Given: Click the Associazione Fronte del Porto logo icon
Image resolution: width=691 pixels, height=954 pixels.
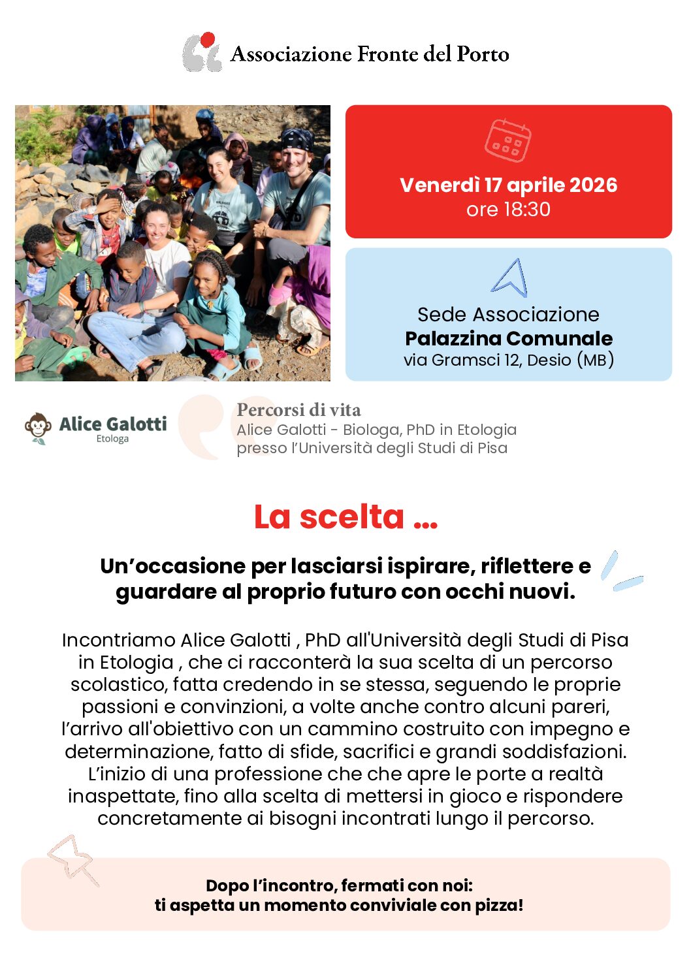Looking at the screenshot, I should (x=202, y=52).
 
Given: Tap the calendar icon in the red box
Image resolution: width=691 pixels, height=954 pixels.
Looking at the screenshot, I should (x=507, y=140).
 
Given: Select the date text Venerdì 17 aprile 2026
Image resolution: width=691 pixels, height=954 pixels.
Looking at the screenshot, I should (x=508, y=185).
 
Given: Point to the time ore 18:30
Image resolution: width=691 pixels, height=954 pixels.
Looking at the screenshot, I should (x=508, y=210).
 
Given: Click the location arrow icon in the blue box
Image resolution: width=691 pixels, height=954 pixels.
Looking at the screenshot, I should (x=509, y=278).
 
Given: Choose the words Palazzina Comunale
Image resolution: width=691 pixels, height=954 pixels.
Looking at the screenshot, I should (x=508, y=338).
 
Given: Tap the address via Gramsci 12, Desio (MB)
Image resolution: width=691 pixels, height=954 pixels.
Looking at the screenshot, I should (x=508, y=360).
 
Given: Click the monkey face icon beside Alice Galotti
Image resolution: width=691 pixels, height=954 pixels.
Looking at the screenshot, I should (x=39, y=428).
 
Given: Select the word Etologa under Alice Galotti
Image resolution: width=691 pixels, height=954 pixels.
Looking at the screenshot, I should (x=112, y=439).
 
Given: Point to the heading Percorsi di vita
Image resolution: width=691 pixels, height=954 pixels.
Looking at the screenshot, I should (x=298, y=410).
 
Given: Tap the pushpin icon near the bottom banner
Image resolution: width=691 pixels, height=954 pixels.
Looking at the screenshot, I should (x=72, y=858).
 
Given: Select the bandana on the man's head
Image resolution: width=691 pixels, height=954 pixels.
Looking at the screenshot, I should (x=298, y=139).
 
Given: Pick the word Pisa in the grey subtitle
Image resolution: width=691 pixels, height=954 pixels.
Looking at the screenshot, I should (x=491, y=448).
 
